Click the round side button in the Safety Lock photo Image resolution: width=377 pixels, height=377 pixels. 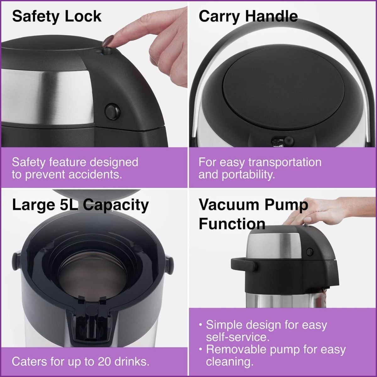coord(112,111)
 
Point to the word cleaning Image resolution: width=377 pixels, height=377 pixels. coord(230,362)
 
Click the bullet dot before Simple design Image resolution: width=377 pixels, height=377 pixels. coord(200,325)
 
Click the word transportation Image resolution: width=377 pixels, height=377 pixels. coord(285,163)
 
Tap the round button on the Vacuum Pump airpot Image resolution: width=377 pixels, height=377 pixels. coord(309,252)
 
